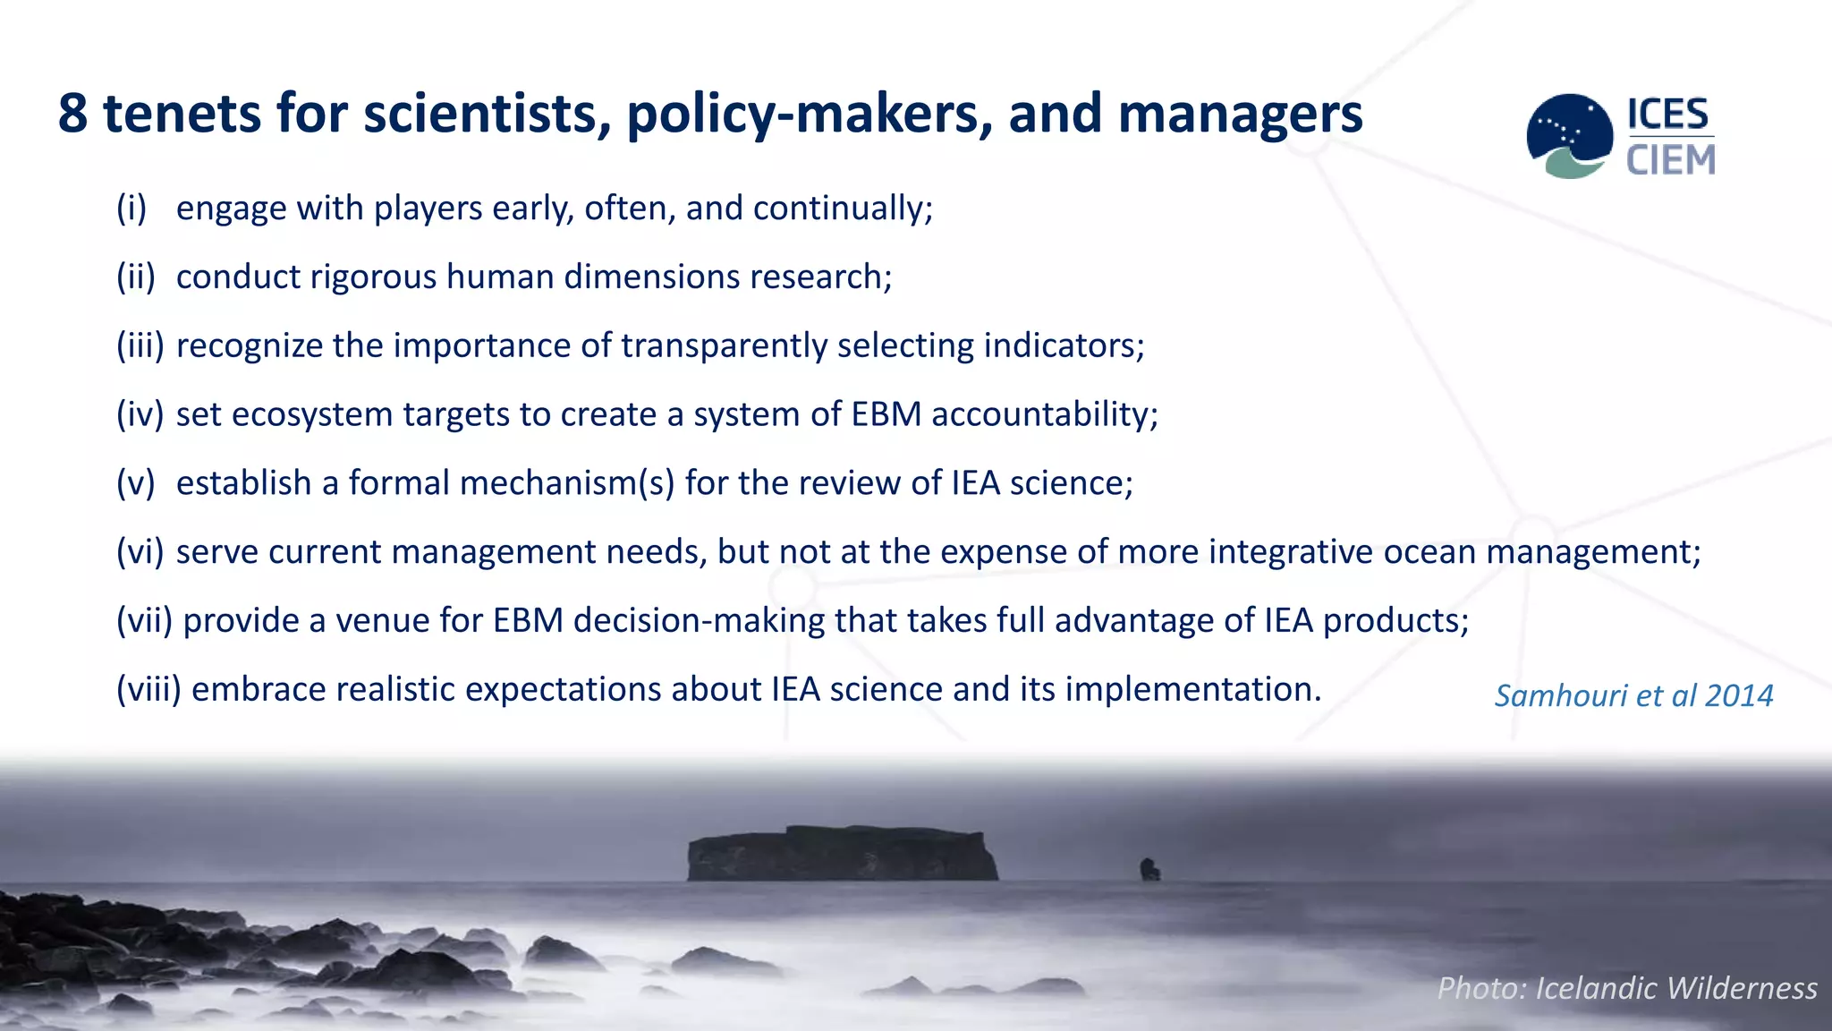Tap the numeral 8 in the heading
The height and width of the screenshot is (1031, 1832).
pos(73,115)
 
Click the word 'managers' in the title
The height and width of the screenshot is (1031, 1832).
pos(1240,115)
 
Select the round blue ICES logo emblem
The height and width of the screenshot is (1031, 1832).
pos(1569,135)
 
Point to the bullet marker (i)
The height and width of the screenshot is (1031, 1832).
pos(131,209)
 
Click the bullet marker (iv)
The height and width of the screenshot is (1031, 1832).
pos(140,414)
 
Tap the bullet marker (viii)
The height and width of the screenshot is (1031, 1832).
pos(148,689)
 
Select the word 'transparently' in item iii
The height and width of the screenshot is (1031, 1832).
pos(724,346)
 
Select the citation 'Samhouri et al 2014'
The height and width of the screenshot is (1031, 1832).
pos(1633,695)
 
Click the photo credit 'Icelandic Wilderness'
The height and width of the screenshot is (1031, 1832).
pos(1675,988)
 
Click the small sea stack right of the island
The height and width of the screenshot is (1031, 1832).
pos(1149,868)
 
